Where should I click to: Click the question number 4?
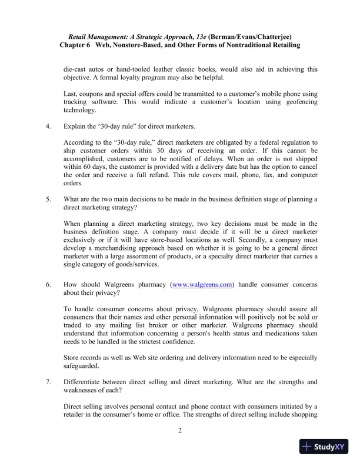(47, 127)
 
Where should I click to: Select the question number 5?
(47, 199)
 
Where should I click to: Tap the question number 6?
(47, 284)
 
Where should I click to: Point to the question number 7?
(47, 382)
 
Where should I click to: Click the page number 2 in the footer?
(179, 431)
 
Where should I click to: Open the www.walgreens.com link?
(201, 284)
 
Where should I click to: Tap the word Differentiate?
(85, 382)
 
